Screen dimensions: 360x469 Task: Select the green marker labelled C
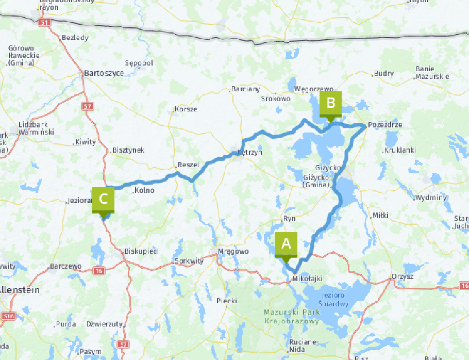(x=103, y=199)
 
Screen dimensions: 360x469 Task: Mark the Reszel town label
(x=188, y=165)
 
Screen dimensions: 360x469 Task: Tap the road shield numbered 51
(x=45, y=22)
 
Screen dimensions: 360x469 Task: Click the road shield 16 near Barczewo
(x=98, y=270)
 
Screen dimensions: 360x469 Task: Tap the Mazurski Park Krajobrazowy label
(x=291, y=317)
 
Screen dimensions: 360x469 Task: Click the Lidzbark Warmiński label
(x=32, y=128)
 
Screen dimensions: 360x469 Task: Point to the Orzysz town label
(x=402, y=276)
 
